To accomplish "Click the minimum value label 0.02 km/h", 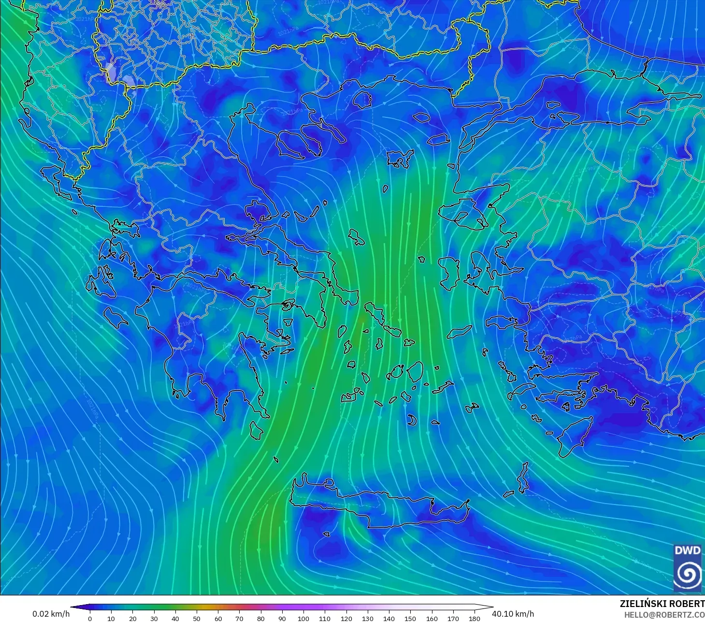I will tap(51, 614).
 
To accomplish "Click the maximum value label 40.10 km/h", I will tap(513, 614).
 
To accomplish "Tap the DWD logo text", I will tap(687, 550).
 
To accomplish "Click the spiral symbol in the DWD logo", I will tap(688, 574).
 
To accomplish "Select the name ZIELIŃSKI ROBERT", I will tap(662, 604).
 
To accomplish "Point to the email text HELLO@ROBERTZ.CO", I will tap(664, 614).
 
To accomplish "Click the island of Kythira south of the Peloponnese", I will tap(257, 430).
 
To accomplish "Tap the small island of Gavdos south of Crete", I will tap(327, 535).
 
